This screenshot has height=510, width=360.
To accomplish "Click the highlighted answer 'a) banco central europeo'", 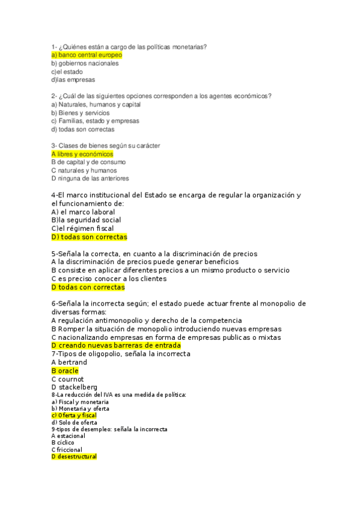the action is tap(87, 55).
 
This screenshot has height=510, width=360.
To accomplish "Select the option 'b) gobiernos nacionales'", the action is tap(85, 63).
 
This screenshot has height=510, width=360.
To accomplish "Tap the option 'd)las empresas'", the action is tap(73, 79).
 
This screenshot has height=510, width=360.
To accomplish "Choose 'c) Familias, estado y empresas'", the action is tap(95, 120).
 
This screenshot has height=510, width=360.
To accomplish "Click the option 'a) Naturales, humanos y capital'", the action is tap(96, 104).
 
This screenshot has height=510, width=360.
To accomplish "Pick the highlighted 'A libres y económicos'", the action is tap(82, 154).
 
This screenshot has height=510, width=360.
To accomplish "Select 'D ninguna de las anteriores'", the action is tap(90, 178).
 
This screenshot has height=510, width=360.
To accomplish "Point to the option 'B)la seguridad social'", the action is tap(86, 220).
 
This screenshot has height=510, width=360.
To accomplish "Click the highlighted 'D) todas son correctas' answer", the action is tap(89, 237).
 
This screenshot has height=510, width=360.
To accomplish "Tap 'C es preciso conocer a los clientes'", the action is tap(109, 278).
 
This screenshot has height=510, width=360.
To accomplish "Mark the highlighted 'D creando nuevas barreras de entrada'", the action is tap(116, 346).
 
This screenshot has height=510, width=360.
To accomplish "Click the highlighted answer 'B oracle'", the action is tap(65, 371).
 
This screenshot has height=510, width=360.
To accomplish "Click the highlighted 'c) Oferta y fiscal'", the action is tap(74, 415).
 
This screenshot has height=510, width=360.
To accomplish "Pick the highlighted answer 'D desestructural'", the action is tap(74, 456).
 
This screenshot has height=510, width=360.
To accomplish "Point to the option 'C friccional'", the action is tap(67, 449).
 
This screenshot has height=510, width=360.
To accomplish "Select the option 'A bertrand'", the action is tap(69, 363).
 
